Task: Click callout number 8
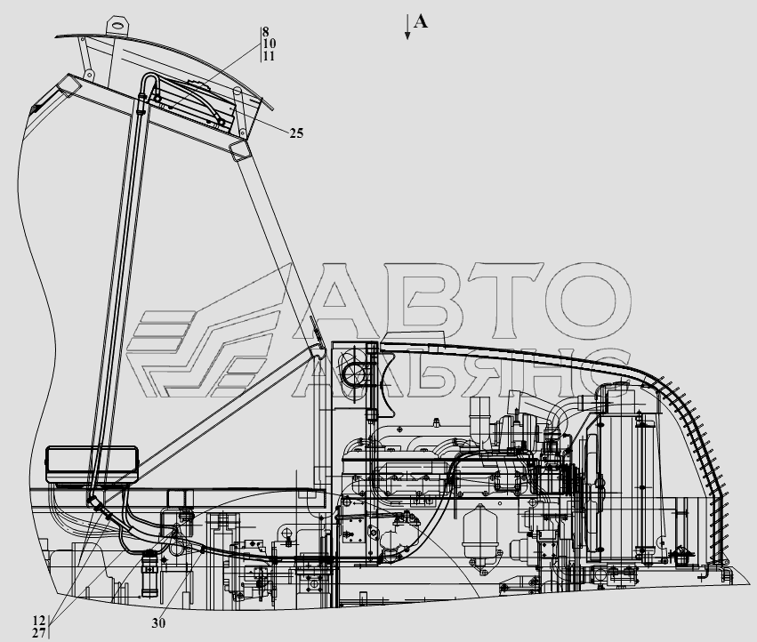[266, 32]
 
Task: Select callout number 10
[269, 44]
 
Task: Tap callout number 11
[269, 57]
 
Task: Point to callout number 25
[296, 133]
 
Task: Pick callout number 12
[39, 621]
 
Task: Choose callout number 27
[39, 633]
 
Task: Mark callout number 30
[158, 623]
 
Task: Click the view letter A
[421, 21]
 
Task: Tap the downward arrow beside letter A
[408, 27]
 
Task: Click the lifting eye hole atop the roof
[117, 24]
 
